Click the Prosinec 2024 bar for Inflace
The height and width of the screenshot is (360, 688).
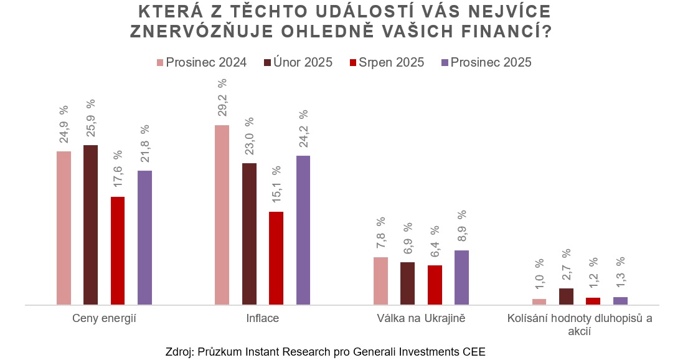click(222, 215)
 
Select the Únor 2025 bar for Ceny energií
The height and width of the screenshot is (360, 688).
click(90, 225)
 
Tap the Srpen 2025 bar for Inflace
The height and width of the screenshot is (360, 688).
click(276, 258)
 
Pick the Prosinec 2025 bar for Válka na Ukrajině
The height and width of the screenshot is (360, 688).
click(461, 277)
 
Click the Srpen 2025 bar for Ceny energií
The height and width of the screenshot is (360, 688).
click(118, 250)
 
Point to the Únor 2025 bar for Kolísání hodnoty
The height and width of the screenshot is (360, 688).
click(566, 296)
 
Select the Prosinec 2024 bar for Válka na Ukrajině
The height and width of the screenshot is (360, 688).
click(380, 281)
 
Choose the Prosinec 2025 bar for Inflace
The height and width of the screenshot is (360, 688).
click(303, 230)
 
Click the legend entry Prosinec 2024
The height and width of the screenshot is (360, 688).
click(201, 62)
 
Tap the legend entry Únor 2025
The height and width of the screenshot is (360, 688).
click(298, 62)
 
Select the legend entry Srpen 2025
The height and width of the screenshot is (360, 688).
click(387, 62)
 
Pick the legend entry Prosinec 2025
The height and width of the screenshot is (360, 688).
click(486, 62)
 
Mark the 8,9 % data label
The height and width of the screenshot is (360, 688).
click(461, 226)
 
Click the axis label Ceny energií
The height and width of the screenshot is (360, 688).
click(104, 319)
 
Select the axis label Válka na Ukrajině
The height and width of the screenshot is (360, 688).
click(421, 319)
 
